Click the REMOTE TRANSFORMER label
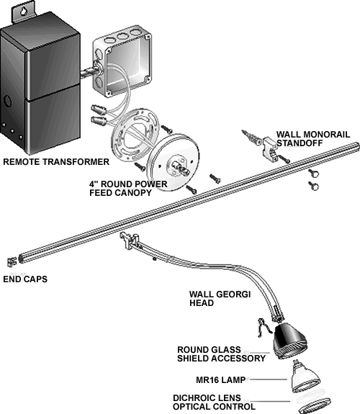pos(56,161)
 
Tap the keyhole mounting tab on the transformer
pos(23,12)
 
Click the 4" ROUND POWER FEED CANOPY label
pos(128,188)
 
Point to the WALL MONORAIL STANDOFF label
pos(313,139)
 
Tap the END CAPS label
pos(25,279)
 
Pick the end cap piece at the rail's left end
pos(12,261)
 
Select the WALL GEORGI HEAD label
pos(220,298)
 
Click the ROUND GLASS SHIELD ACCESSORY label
pos(221,354)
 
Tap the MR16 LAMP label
pos(220,380)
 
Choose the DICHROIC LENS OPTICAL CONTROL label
pos(215,402)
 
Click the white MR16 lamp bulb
pos(305,377)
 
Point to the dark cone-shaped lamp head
pos(289,341)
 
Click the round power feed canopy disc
pos(173,163)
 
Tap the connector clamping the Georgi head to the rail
pos(129,240)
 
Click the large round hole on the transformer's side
pos(8,101)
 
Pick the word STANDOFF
pos(300,143)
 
